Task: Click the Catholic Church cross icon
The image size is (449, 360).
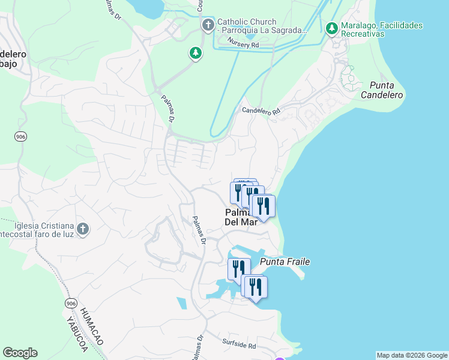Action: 208,25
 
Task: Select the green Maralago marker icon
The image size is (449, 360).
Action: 331,28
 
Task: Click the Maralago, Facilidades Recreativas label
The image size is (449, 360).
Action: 382,30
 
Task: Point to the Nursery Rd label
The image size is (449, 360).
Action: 243,43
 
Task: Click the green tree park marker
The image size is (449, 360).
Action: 196,53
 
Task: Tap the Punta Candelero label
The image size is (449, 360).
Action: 382,90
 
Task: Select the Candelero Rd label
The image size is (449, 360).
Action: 261,111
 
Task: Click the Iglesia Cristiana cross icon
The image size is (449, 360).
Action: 83,229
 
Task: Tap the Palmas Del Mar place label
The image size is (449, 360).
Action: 241,217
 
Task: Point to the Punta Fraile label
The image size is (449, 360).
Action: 285,262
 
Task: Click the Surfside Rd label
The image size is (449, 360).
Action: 239,346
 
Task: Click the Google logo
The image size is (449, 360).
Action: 20,353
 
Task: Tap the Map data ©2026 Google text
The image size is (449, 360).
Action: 412,355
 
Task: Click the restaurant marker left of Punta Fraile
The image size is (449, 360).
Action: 239,269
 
